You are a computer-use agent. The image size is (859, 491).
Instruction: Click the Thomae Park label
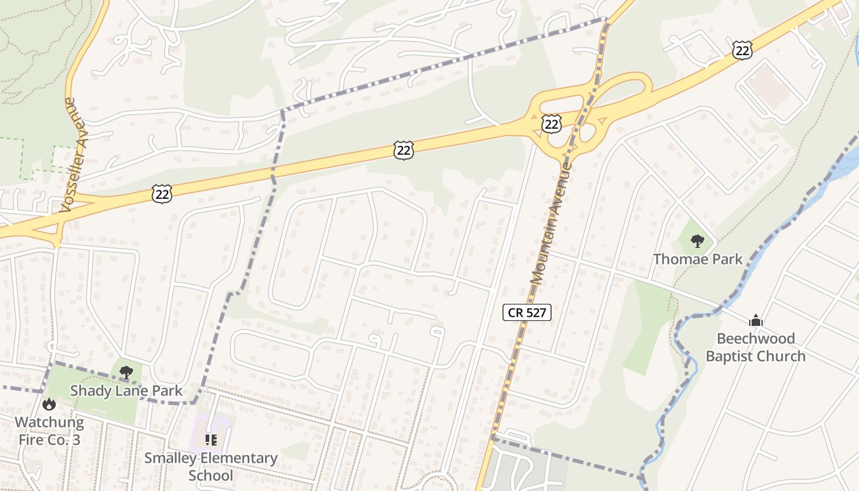click(x=698, y=259)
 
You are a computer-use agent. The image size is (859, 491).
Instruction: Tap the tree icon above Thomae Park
click(x=697, y=241)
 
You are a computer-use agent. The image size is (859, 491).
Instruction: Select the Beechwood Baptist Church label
click(x=755, y=347)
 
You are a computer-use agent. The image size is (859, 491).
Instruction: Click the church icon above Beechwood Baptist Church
click(x=755, y=320)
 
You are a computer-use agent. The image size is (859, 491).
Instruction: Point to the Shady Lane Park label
click(x=126, y=391)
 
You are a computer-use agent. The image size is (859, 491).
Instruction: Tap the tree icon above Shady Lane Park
click(x=126, y=372)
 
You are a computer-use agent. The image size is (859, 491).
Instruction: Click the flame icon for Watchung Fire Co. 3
click(x=49, y=404)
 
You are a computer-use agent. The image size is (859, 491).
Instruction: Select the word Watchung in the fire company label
click(x=49, y=422)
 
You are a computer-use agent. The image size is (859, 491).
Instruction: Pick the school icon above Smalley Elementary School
click(x=211, y=439)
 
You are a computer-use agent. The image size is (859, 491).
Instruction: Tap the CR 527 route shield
click(x=527, y=312)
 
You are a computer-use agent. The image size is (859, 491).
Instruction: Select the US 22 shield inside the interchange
click(x=552, y=125)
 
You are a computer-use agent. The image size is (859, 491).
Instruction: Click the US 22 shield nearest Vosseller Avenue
click(x=161, y=194)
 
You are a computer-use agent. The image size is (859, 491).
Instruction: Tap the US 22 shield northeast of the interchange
click(x=742, y=50)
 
